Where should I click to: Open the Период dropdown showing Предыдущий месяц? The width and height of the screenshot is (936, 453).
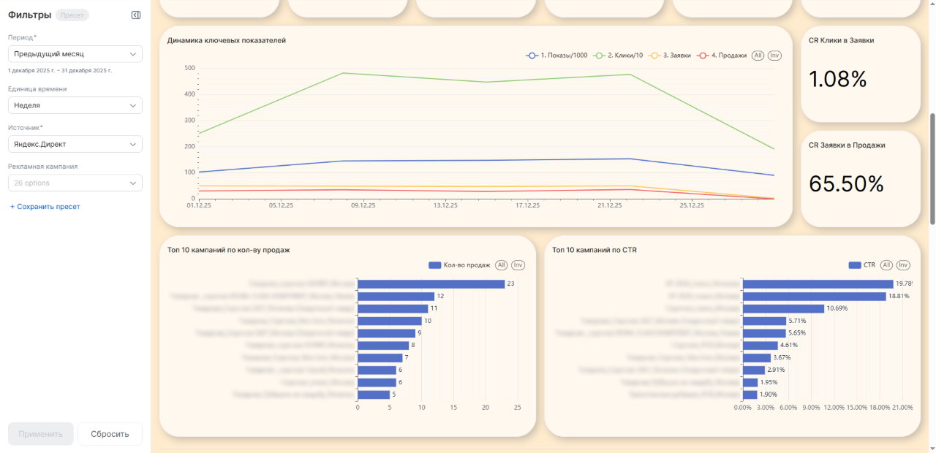75,54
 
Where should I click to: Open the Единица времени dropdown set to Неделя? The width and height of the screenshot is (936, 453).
75,105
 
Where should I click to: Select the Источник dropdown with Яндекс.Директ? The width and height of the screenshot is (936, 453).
75,144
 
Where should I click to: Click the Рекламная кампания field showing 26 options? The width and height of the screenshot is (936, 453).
75,183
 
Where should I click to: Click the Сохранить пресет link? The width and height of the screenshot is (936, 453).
45,207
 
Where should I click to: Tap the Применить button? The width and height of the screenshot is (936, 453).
41,434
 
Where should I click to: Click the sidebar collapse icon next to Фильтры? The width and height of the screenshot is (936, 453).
136,15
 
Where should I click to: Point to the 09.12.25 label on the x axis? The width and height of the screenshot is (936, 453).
363,206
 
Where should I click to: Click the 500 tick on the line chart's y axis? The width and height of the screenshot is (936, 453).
189,68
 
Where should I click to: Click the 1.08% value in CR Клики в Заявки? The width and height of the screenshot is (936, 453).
838,79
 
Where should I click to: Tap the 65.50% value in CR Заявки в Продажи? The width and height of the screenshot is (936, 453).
846,184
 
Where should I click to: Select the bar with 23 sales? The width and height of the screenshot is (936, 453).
431,284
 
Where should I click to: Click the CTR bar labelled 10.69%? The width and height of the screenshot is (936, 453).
783,308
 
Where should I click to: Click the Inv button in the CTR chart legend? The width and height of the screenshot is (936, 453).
903,265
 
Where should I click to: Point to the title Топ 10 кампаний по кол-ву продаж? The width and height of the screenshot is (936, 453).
229,250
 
